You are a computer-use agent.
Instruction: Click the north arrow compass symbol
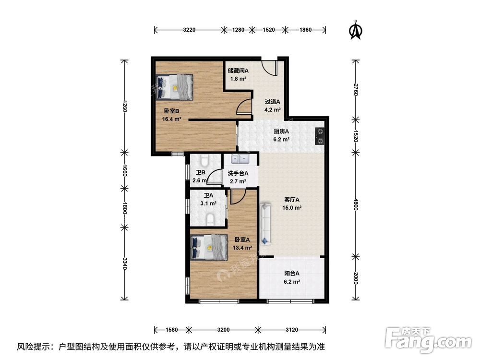[x=356, y=30]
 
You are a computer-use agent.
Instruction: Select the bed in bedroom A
[x=209, y=247]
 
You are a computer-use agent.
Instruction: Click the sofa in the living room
[x=265, y=224]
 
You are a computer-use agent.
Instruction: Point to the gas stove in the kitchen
[x=320, y=136]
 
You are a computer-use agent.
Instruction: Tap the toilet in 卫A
[x=210, y=219]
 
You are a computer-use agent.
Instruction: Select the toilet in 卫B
[x=204, y=159]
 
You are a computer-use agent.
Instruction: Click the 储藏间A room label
[x=238, y=71]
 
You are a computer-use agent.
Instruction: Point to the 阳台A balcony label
[x=292, y=274]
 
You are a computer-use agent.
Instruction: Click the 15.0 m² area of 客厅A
[x=292, y=208]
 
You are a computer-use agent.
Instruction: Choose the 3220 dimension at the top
[x=189, y=30]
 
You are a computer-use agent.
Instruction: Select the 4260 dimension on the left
[x=124, y=106]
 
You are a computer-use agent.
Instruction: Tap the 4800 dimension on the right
[x=355, y=204]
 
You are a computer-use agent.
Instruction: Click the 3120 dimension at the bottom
[x=292, y=330]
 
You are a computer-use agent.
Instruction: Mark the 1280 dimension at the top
[x=238, y=30]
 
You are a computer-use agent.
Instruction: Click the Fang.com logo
[x=428, y=339]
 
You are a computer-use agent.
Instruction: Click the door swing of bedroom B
[x=243, y=107]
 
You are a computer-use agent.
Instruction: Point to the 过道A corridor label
[x=273, y=102]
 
